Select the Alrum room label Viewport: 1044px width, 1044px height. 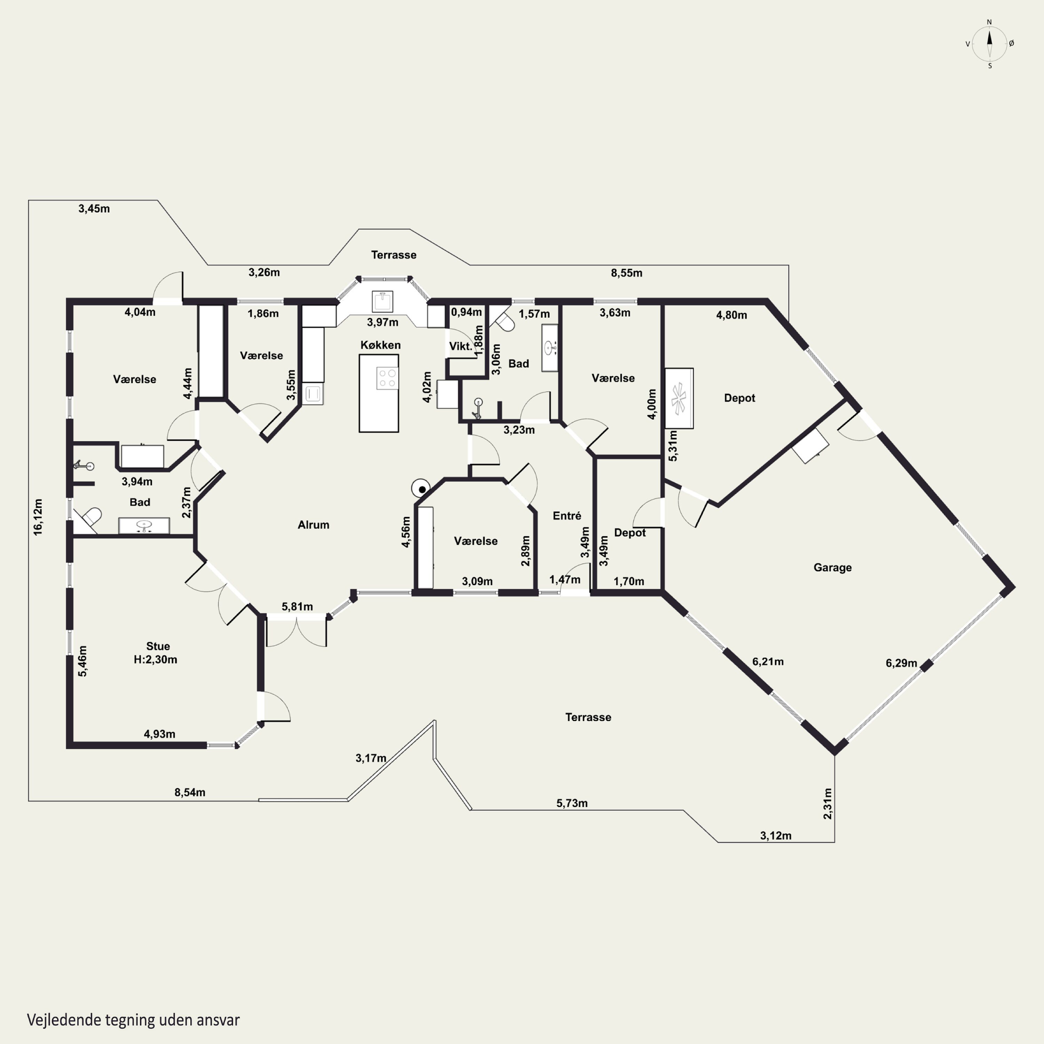click(314, 525)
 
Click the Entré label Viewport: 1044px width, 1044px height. click(567, 516)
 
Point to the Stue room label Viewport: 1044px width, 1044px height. click(158, 646)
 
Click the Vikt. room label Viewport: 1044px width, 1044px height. click(460, 346)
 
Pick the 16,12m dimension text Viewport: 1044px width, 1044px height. click(38, 517)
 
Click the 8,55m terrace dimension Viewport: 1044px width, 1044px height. click(627, 273)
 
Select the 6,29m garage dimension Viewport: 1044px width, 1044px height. click(901, 663)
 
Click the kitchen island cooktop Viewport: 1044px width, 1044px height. click(387, 378)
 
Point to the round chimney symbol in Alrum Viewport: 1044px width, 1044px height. click(421, 489)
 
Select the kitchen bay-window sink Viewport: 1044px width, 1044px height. click(382, 301)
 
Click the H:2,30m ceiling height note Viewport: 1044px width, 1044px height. click(156, 659)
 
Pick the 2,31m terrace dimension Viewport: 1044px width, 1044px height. click(827, 804)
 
